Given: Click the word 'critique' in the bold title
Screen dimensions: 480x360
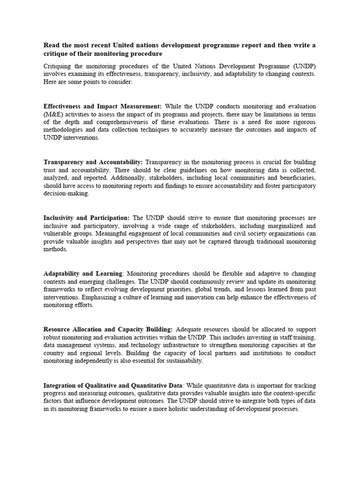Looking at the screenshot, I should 56,53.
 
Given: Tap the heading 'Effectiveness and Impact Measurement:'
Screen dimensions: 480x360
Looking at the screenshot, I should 102,106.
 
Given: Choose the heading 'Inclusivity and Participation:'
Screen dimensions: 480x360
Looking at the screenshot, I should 87,218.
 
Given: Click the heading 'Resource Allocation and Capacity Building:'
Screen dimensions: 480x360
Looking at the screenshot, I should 108,330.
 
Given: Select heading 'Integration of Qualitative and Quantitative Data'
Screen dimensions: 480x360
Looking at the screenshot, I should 112,385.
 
